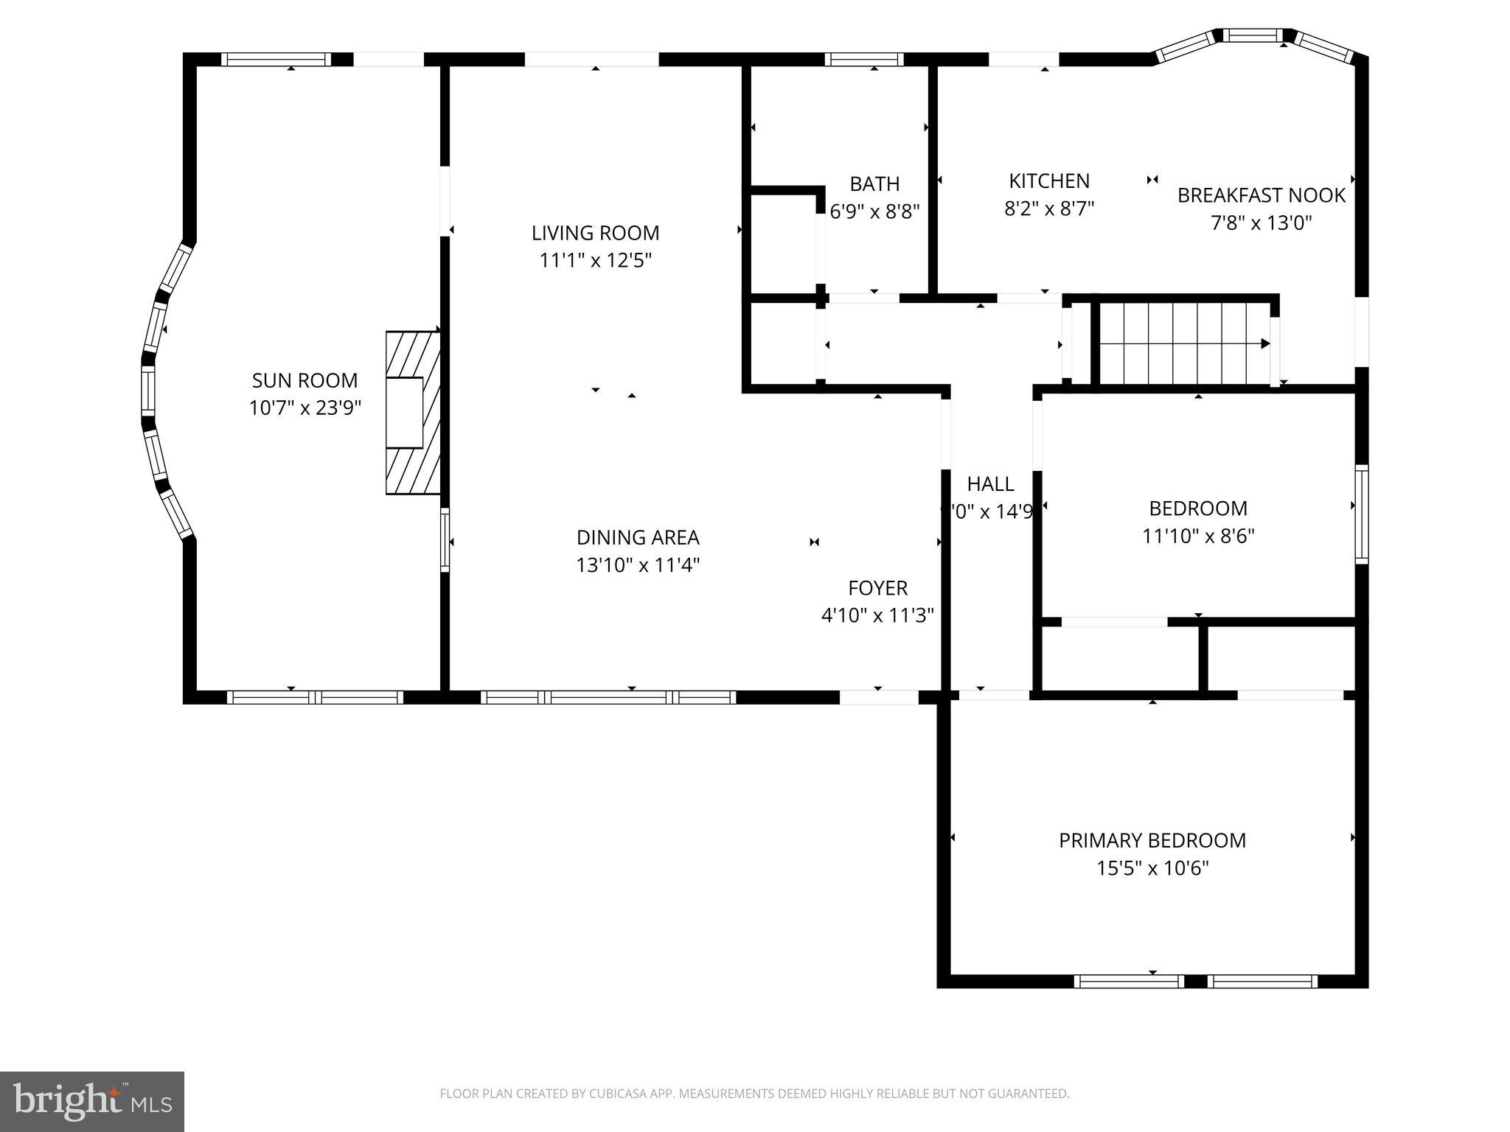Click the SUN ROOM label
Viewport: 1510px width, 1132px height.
[x=305, y=380]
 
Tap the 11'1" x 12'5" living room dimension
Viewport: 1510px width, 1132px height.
[x=596, y=261]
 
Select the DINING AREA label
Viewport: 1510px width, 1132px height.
[x=638, y=537]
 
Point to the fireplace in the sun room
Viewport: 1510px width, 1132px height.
[x=411, y=413]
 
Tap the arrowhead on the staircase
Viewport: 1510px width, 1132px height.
[x=1265, y=343]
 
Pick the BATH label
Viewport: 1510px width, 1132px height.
[x=874, y=184]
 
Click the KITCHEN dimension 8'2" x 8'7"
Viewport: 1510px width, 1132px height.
[x=1048, y=209]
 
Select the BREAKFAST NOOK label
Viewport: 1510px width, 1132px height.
[x=1261, y=195]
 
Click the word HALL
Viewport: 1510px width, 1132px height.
[x=990, y=484]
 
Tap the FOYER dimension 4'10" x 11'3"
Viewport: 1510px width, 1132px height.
[x=877, y=615]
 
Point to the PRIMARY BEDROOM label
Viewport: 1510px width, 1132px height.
[x=1152, y=840]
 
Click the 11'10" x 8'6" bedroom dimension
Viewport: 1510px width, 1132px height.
[x=1198, y=536]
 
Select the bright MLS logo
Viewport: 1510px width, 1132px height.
[x=92, y=1101]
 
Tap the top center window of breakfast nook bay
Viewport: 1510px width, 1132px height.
[x=1253, y=35]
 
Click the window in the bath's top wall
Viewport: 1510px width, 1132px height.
[x=864, y=60]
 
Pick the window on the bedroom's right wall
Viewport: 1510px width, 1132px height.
[x=1362, y=514]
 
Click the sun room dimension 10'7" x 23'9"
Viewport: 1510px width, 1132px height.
[x=305, y=408]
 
